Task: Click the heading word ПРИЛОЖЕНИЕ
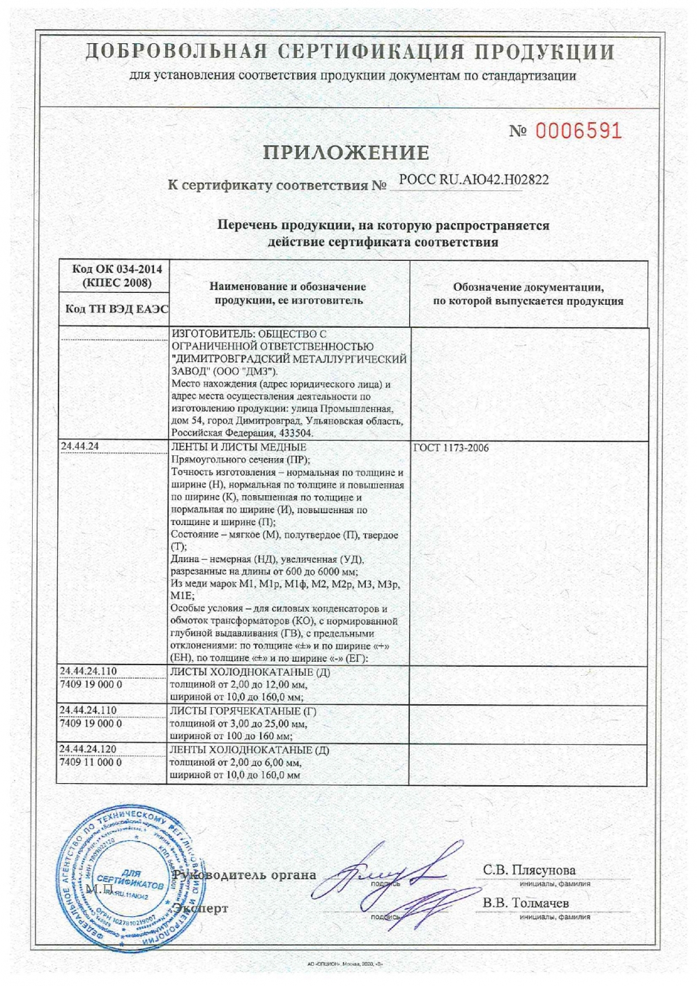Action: [346, 153]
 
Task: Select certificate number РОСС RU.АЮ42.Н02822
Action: [473, 180]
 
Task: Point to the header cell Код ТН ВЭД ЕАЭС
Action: [112, 310]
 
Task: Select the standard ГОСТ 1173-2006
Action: [451, 448]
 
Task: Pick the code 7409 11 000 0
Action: [91, 762]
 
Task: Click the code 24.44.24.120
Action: [89, 749]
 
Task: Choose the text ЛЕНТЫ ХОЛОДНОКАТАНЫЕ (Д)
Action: [250, 750]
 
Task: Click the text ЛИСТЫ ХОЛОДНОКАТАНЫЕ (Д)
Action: [250, 672]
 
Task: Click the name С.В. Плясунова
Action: [530, 870]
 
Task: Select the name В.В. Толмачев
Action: [526, 902]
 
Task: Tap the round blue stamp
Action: [130, 881]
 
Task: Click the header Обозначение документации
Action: [528, 287]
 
